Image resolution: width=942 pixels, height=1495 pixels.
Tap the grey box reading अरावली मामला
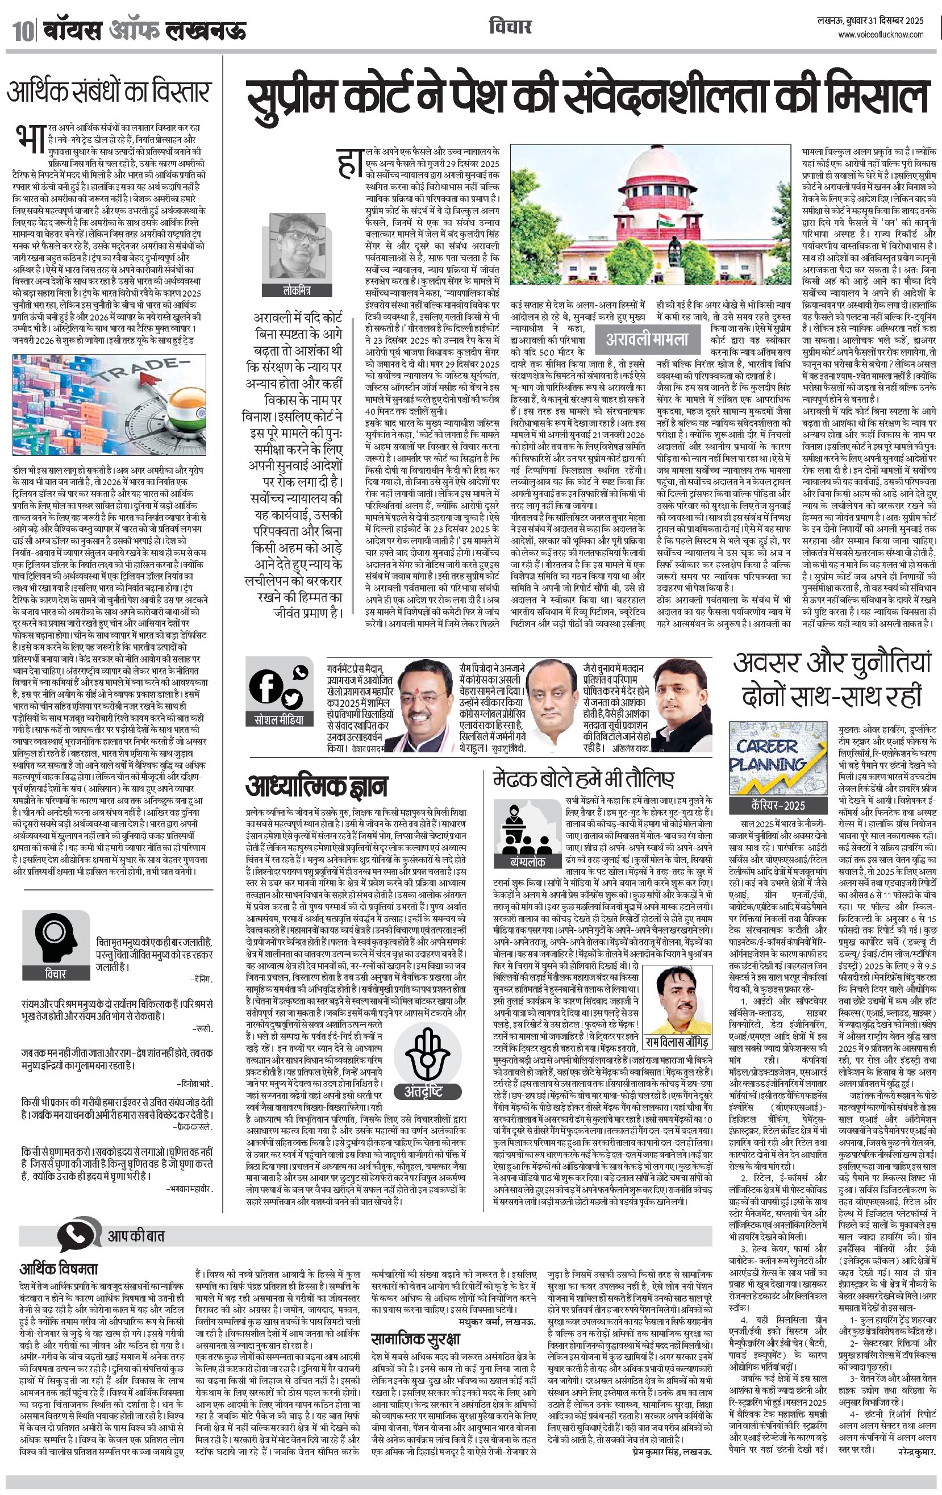pyautogui.click(x=647, y=340)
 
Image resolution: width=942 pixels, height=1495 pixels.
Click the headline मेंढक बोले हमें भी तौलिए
pyautogui.click(x=583, y=778)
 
